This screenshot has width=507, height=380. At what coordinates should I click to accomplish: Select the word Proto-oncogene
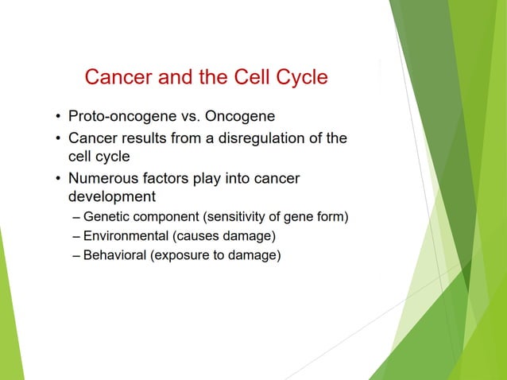118,118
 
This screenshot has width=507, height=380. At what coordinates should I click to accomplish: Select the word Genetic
107,217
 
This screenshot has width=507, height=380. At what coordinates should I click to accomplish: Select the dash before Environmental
75,236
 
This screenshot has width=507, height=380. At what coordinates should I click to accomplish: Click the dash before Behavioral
75,255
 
